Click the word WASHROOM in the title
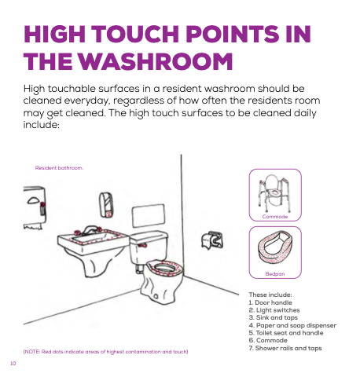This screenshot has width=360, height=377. (156, 61)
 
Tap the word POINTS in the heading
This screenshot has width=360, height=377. (233, 34)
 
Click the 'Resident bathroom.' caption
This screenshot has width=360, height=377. (59, 168)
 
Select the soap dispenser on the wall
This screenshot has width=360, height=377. (105, 205)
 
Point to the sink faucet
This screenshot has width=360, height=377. (89, 231)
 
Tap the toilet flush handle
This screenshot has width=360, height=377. (142, 245)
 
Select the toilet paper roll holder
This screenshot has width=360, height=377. (212, 240)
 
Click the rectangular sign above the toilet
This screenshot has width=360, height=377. (149, 216)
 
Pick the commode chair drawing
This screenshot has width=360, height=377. (274, 193)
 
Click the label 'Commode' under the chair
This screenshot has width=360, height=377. (275, 217)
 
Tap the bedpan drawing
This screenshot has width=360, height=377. (275, 247)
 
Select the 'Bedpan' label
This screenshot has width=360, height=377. (275, 274)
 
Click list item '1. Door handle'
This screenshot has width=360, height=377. (270, 302)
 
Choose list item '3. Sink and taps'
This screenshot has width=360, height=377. (273, 317)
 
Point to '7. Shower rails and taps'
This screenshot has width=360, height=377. (285, 348)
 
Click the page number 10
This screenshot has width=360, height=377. (13, 364)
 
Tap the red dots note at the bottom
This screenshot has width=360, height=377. (105, 352)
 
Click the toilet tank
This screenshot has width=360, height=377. (149, 247)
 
